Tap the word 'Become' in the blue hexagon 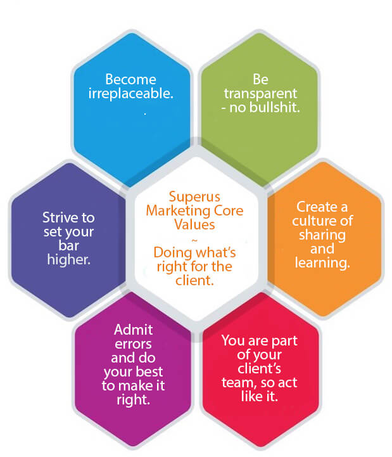click(x=130, y=80)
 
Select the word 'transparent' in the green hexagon click(x=260, y=93)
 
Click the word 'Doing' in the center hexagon click(x=171, y=252)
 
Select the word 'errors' click(x=132, y=344)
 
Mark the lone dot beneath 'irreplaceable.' click(x=145, y=112)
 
